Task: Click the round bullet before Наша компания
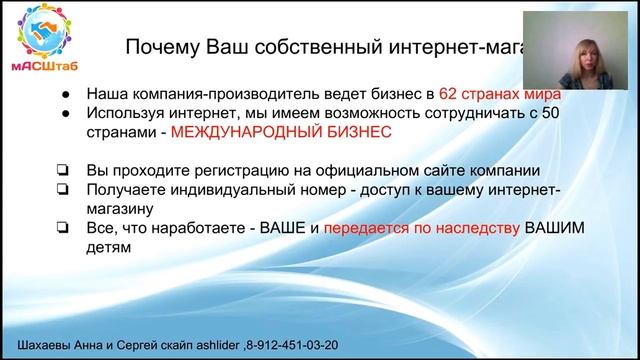pyautogui.click(x=65, y=92)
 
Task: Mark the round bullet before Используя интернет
pyautogui.click(x=65, y=112)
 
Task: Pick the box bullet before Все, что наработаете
pyautogui.click(x=64, y=229)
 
